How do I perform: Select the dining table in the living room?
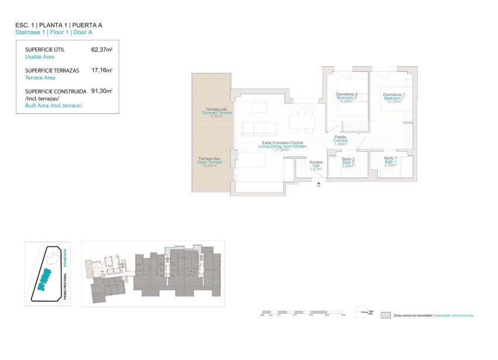(x=302, y=121)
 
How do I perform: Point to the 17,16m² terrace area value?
(x=101, y=70)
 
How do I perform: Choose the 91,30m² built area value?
(x=101, y=91)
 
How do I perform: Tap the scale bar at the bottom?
(x=303, y=313)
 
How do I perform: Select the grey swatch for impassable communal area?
(x=385, y=315)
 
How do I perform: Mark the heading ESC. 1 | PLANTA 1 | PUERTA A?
(x=59, y=26)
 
